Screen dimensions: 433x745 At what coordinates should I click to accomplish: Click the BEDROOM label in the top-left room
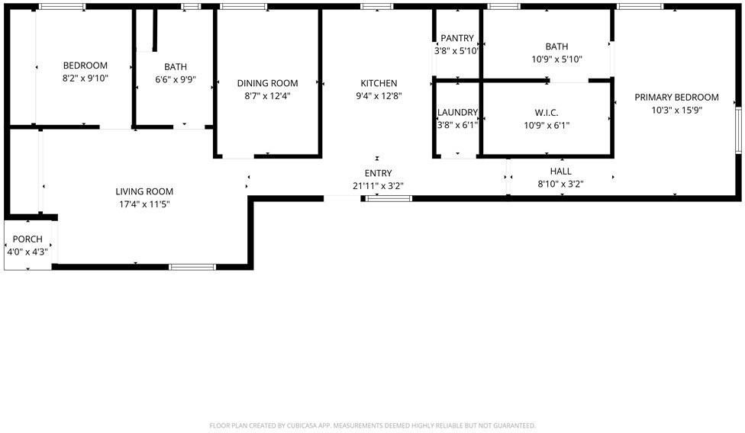point(85,66)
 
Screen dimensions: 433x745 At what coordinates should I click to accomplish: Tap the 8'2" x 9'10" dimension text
point(85,78)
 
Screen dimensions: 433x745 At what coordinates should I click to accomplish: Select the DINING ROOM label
point(267,83)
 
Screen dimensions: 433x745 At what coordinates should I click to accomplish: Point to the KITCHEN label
point(379,83)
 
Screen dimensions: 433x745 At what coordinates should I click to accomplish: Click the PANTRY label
point(457,39)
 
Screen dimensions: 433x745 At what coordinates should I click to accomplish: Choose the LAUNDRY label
point(457,113)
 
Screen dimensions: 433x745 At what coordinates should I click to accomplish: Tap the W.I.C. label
point(546,113)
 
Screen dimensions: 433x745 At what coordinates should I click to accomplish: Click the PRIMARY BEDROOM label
point(676,97)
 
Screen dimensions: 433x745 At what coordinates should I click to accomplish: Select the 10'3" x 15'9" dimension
point(676,109)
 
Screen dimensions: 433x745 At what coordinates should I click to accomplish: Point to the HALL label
point(560,172)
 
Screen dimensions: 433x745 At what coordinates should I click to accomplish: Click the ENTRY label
point(378,173)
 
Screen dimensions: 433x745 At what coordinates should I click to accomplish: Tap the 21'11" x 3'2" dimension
point(378,185)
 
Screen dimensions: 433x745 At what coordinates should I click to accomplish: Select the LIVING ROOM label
point(144,191)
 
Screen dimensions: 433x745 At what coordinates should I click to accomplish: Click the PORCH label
point(27,239)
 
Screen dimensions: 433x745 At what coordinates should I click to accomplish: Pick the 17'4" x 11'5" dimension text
point(144,204)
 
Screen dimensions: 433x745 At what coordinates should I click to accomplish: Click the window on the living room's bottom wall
point(192,267)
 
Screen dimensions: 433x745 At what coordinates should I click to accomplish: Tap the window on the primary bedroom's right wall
point(738,130)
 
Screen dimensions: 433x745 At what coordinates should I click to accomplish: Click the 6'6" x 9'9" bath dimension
point(175,79)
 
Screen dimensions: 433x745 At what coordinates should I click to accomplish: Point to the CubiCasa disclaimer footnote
point(372,425)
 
